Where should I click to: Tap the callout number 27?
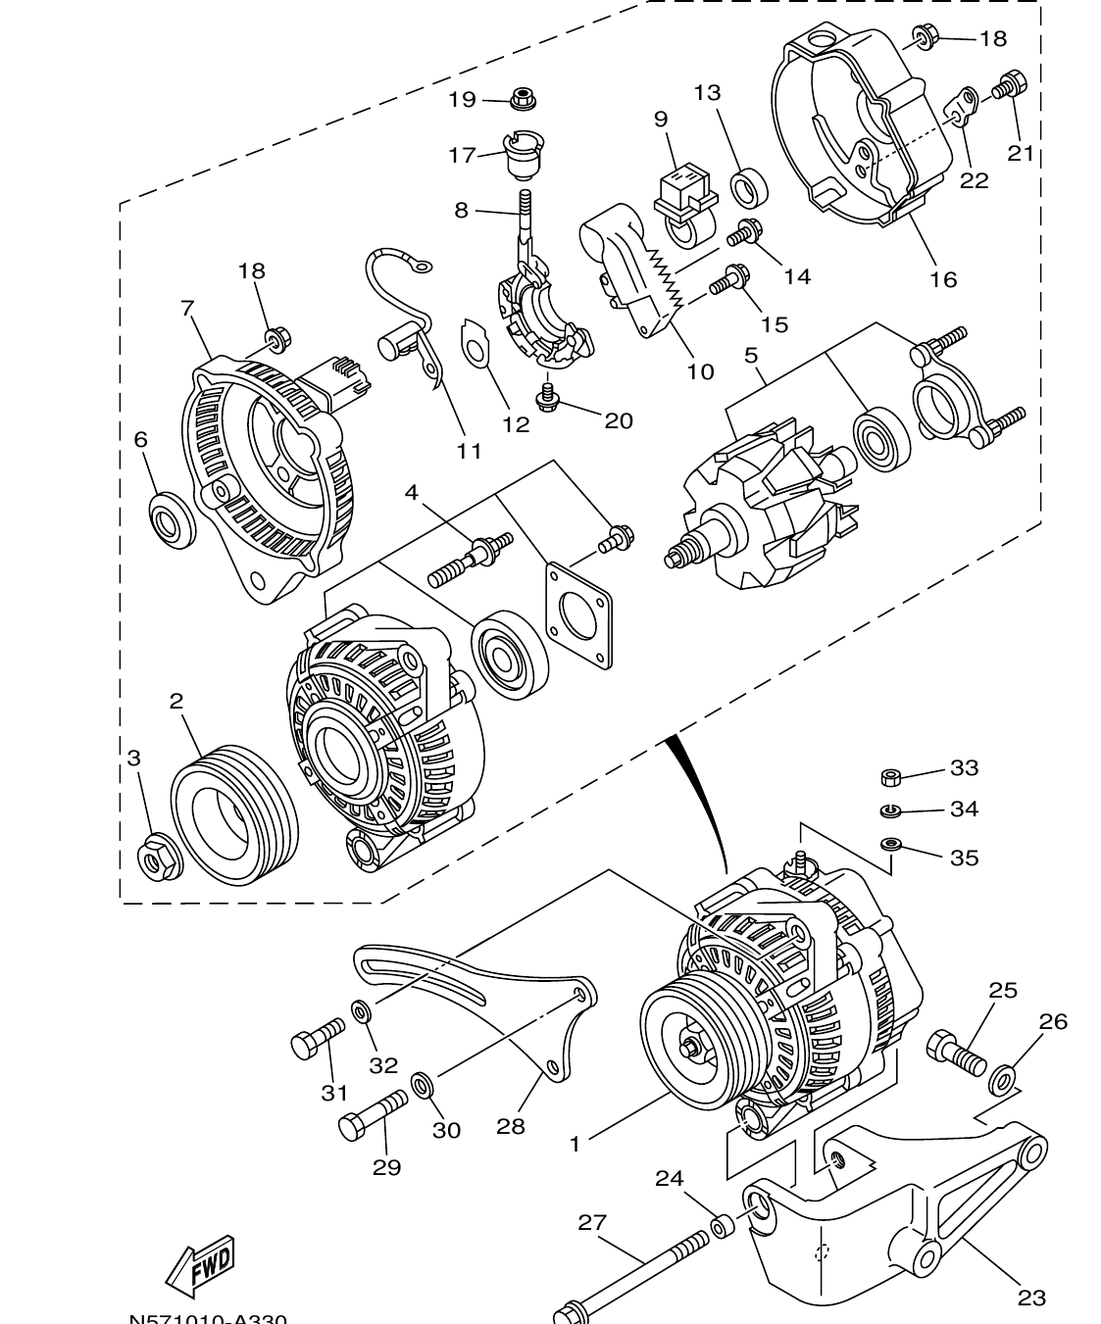pyautogui.click(x=592, y=1222)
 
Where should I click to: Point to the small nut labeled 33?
pyautogui.click(x=891, y=778)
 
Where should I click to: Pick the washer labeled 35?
pyautogui.click(x=891, y=844)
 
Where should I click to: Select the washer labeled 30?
pyautogui.click(x=424, y=1085)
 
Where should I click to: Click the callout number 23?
pyautogui.click(x=1030, y=1299)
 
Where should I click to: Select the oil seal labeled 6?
pyautogui.click(x=171, y=518)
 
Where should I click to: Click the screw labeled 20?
pyautogui.click(x=545, y=394)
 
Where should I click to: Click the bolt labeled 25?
pyautogui.click(x=955, y=1054)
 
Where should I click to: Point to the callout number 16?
pyautogui.click(x=942, y=280)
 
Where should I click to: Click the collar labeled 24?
pyautogui.click(x=723, y=1226)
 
